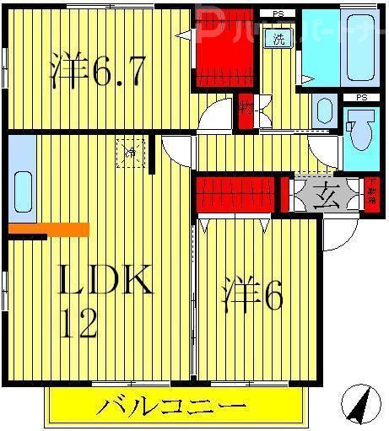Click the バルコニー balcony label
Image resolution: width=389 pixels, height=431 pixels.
coord(172,407)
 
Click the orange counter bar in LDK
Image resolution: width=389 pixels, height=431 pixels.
coord(49,229)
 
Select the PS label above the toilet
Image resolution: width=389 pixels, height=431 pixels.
coord(361,98)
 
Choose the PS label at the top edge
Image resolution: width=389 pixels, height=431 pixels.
coord(278,13)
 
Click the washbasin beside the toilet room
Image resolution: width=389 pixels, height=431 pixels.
coord(323,110)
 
